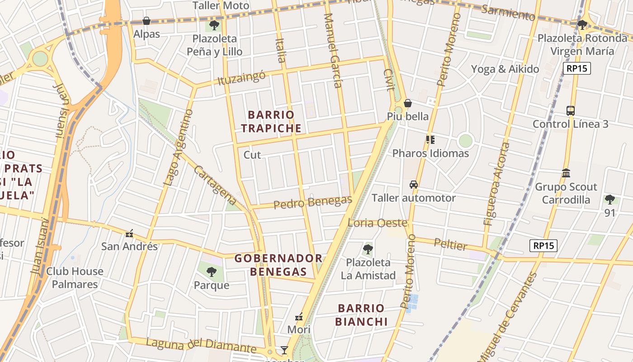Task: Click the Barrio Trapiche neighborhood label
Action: coord(271,122)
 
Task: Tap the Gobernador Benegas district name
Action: coord(279,265)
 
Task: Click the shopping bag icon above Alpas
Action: coord(146,21)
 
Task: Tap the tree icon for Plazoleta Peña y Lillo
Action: coord(214,25)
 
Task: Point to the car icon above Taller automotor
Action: coord(413,185)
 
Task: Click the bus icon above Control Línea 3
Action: coord(570,111)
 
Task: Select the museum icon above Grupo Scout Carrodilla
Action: coord(566,173)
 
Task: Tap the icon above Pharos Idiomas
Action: coord(430,140)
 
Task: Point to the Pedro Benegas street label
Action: coord(312,202)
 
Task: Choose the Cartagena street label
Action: coord(215,185)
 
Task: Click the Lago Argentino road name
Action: coord(178,148)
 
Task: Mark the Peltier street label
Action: coord(450,244)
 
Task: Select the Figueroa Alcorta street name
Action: coord(496,184)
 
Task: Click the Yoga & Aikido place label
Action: coord(505,69)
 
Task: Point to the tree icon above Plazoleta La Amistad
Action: coord(368,249)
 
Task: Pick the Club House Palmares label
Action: coord(75,278)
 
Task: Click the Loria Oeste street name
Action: coord(377,223)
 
